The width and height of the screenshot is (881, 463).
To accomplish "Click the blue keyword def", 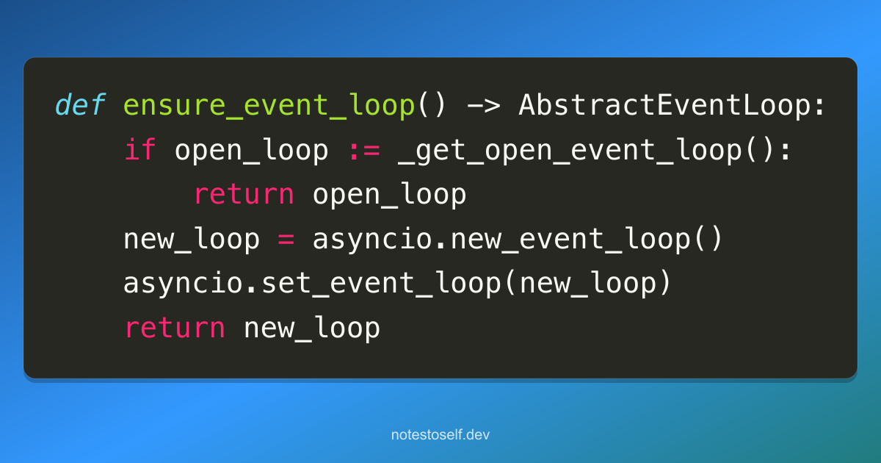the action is click(81, 104).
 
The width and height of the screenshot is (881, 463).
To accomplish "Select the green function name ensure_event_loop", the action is click(269, 107).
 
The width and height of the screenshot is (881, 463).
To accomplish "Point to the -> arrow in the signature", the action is click(484, 106).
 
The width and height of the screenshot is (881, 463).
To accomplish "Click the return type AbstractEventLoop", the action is click(664, 104).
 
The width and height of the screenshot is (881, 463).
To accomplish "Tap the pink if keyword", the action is click(140, 149).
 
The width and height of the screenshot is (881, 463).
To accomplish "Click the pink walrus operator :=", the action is click(364, 151).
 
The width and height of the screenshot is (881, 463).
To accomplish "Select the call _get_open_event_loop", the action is click(570, 151).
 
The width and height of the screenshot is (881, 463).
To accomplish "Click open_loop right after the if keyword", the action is click(251, 151).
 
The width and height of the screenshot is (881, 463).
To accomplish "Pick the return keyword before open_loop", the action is click(244, 195).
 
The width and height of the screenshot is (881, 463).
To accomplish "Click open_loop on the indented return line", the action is click(389, 195).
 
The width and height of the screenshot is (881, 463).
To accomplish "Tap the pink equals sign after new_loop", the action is click(286, 239).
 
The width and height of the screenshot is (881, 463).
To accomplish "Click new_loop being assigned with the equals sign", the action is click(192, 240).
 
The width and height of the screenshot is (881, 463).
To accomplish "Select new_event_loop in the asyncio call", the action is click(570, 240).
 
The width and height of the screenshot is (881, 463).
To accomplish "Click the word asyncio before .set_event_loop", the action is click(184, 284).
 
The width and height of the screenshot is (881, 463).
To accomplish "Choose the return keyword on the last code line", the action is click(175, 328).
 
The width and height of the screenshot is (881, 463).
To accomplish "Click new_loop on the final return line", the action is click(312, 329).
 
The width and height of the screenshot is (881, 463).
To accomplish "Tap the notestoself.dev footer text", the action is click(440, 434).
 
